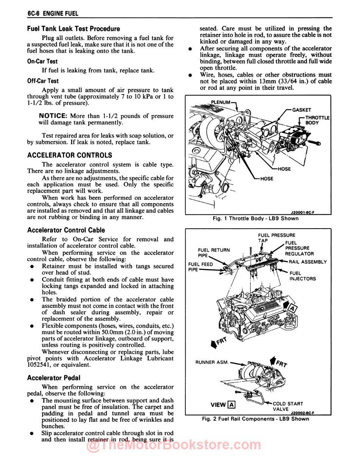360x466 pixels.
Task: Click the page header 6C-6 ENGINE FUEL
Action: (x=53, y=14)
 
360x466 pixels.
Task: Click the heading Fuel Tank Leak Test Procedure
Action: (x=74, y=29)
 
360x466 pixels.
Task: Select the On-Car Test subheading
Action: (x=42, y=61)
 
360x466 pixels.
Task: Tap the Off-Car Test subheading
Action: (x=43, y=81)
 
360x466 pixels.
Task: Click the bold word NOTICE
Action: (x=53, y=116)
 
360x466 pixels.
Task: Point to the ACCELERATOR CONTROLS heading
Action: (x=70, y=155)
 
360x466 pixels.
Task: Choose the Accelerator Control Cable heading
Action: (x=66, y=230)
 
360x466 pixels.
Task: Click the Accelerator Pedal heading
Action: (x=54, y=378)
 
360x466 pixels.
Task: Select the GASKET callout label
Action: (x=302, y=110)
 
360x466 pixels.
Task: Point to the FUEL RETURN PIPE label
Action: (x=214, y=253)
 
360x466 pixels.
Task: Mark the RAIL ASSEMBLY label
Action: (x=307, y=262)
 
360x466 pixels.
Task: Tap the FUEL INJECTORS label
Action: (x=302, y=276)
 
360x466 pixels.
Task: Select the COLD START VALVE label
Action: (x=288, y=406)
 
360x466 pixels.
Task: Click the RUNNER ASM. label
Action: (x=212, y=362)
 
